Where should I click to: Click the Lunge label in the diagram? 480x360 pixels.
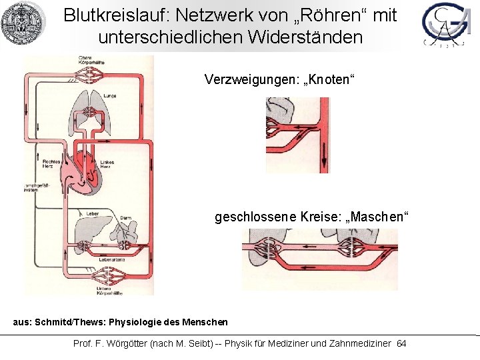click(x=109, y=96)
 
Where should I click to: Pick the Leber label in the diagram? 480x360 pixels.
click(x=92, y=213)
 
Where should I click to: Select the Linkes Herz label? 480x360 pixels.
click(x=107, y=165)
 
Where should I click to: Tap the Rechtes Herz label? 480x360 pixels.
click(x=51, y=165)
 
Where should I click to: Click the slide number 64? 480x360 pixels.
click(x=401, y=343)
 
